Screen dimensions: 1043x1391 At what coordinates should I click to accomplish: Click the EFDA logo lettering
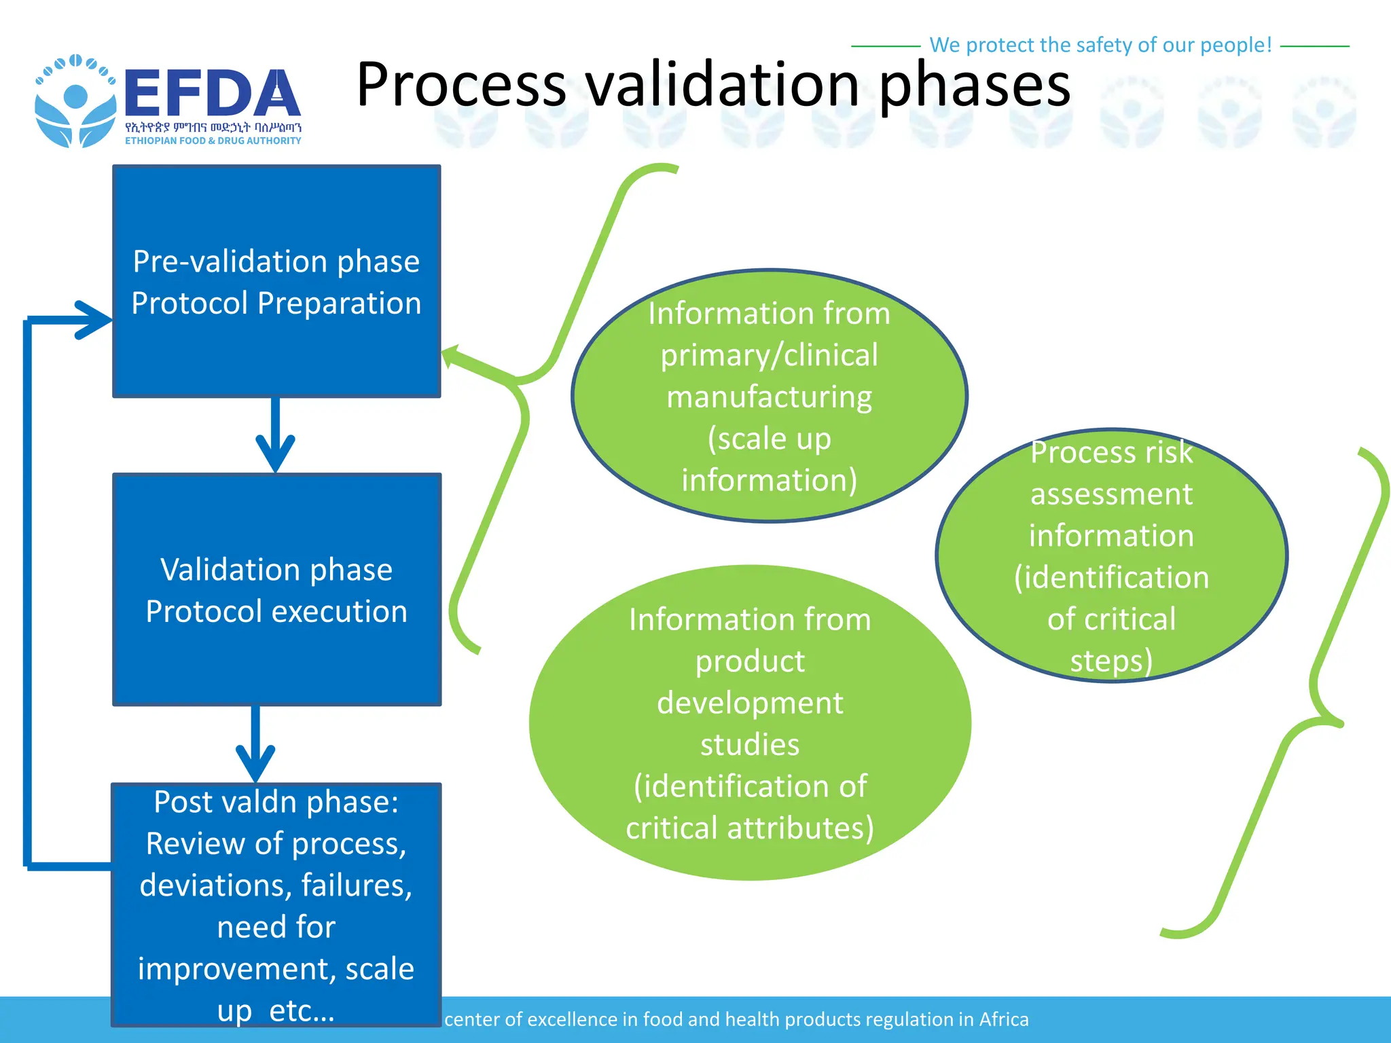tap(212, 94)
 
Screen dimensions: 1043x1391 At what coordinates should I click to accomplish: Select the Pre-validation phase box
tap(276, 281)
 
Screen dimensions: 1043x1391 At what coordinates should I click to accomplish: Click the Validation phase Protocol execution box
tap(276, 589)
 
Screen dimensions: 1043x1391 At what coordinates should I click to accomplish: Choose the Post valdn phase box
tap(276, 903)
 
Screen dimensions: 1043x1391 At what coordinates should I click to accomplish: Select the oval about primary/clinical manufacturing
tap(769, 397)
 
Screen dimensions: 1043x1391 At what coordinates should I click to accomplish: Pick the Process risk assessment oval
tap(1111, 555)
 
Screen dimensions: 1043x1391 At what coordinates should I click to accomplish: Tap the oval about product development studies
tap(750, 722)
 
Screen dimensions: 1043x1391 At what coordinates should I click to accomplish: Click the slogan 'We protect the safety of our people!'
tap(1100, 45)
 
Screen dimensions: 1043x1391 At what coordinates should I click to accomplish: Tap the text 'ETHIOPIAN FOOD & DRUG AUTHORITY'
tap(213, 141)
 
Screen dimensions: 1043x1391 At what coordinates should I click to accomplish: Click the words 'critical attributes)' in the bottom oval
tap(750, 828)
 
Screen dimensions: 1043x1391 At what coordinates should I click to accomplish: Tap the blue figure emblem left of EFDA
tap(75, 102)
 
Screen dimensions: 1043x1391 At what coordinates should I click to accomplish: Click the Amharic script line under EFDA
tap(213, 127)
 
